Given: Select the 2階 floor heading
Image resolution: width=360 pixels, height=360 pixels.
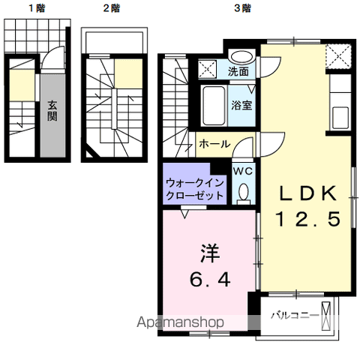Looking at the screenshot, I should coord(110,8).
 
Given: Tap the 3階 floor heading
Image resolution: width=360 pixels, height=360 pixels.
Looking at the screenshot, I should coord(241,8).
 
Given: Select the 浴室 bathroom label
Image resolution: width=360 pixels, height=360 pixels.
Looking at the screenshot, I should coord(241,105).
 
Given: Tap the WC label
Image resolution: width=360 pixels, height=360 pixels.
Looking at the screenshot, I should coord(242,171).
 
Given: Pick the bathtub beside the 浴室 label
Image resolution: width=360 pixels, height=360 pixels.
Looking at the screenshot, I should coord(211,105).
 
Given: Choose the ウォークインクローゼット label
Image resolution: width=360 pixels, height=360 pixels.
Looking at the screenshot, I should coord(194,187).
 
